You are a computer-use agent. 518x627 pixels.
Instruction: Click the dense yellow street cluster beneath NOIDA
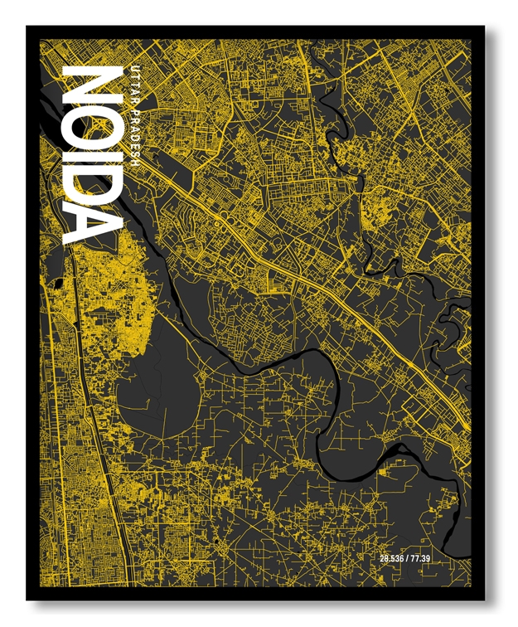[x=108, y=282]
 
